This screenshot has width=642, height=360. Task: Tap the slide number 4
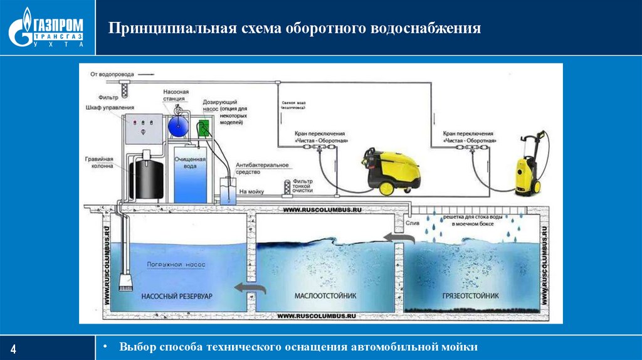14,348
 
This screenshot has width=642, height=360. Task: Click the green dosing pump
203,128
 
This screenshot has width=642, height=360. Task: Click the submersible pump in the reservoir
125,277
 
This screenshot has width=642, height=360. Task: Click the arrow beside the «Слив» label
399,237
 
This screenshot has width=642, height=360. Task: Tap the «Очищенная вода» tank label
190,164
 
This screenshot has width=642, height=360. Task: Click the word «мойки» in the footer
460,346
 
